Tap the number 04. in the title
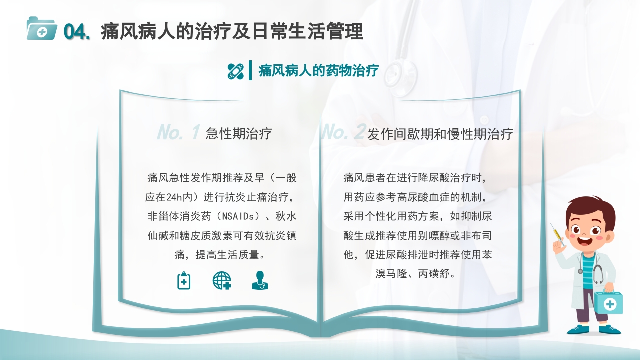pyautogui.click(x=77, y=32)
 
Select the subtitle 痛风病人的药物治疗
pyautogui.click(x=318, y=71)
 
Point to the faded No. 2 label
pyautogui.click(x=343, y=132)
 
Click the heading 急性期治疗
pyautogui.click(x=239, y=134)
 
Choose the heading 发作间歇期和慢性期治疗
pyautogui.click(x=440, y=134)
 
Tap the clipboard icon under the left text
pyautogui.click(x=184, y=280)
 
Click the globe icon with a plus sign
pyautogui.click(x=222, y=280)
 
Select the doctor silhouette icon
pyautogui.click(x=260, y=280)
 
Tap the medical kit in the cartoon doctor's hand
pyautogui.click(x=608, y=303)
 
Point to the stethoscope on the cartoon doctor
pyautogui.click(x=596, y=272)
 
